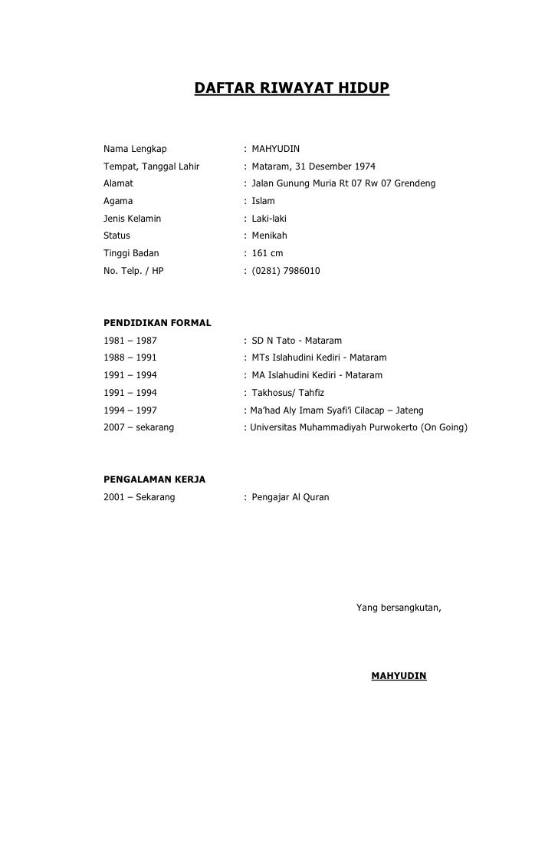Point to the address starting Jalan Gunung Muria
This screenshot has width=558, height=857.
(343, 183)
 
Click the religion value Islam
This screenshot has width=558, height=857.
(263, 201)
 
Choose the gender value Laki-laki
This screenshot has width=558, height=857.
(269, 219)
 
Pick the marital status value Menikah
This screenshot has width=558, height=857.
(269, 236)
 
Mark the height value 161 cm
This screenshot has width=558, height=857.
(268, 253)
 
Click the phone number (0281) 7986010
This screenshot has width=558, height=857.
(286, 271)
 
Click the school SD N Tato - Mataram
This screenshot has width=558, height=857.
(297, 340)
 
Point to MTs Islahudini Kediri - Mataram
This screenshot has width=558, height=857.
(319, 358)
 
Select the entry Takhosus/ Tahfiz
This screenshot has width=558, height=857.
(288, 393)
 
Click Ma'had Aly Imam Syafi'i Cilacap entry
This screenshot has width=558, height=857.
(336, 410)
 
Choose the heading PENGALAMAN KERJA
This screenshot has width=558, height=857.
(154, 480)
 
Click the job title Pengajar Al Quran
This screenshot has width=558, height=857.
(290, 497)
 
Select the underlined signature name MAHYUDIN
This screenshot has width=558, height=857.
(399, 677)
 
